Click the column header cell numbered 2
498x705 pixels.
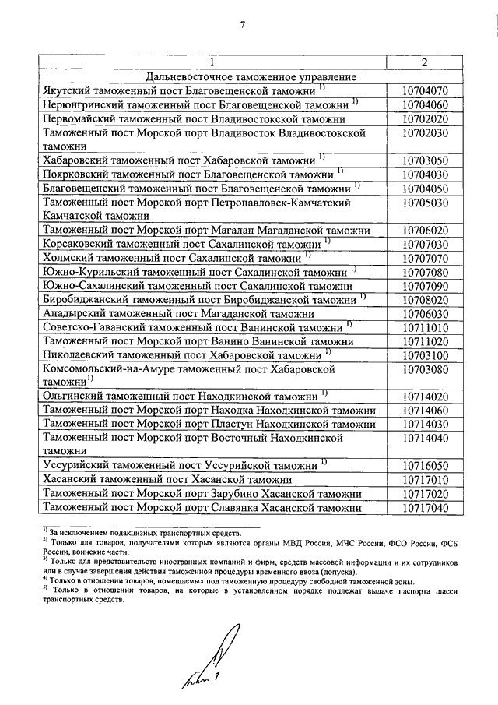click(424, 62)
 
